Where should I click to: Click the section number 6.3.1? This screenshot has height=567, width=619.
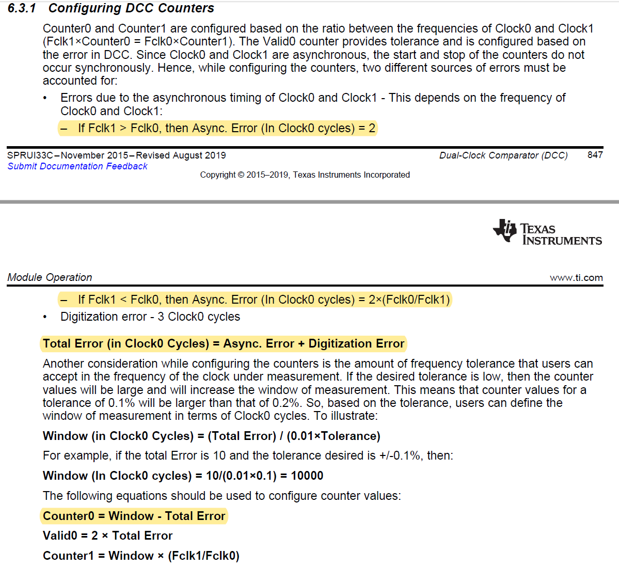point(22,8)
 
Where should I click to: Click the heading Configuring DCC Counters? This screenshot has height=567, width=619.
point(131,8)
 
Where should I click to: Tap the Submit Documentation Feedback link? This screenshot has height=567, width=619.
point(77,166)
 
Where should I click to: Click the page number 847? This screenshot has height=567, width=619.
point(595,155)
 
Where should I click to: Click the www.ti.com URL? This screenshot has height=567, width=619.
point(576,278)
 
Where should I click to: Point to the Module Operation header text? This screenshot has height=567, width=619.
point(50,277)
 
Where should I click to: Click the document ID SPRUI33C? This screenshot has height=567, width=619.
point(30,155)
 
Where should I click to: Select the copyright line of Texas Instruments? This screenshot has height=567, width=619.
point(305,175)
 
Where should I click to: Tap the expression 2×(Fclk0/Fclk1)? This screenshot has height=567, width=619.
point(409,300)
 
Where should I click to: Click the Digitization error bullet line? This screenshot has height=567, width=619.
point(150,317)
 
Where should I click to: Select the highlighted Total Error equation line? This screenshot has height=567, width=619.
point(223,344)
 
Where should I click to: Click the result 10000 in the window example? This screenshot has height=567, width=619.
point(307,476)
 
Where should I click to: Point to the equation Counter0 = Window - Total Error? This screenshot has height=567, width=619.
point(134,516)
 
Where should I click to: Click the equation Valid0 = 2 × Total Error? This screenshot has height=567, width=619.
point(107,535)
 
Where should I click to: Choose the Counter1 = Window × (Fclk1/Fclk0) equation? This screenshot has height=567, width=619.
point(141,556)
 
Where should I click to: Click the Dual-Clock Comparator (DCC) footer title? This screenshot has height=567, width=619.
point(503,155)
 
